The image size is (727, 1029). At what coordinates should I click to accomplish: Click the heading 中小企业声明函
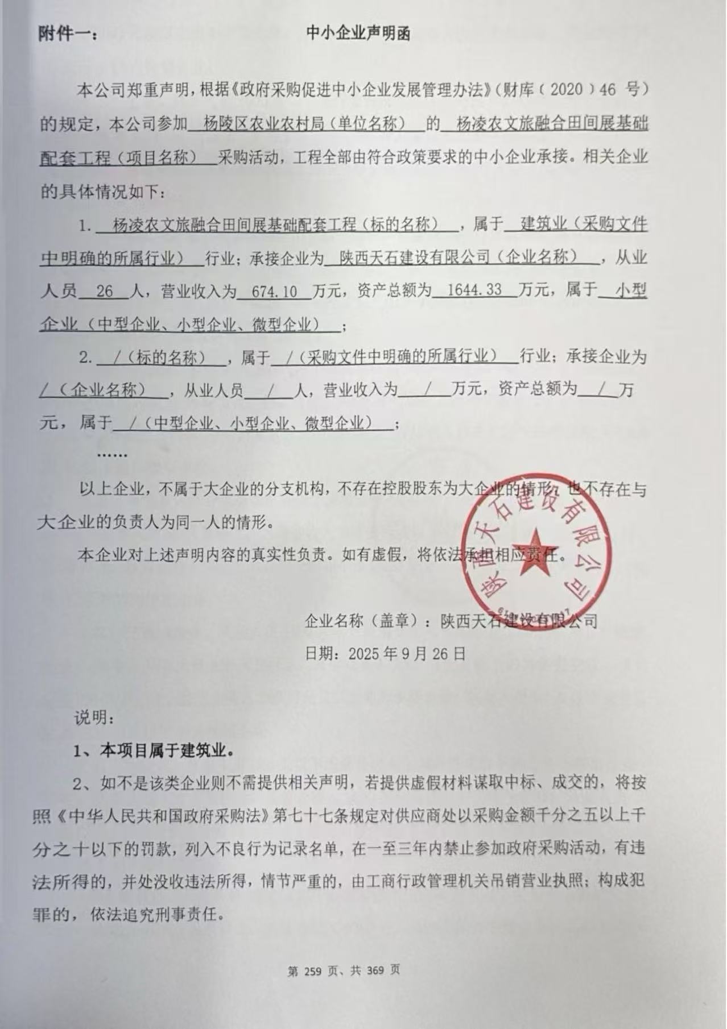[x=358, y=34]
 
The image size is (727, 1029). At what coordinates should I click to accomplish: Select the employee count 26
[x=105, y=292]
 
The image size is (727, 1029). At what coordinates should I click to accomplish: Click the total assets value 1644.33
[x=474, y=291]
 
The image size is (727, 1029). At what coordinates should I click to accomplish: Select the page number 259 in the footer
[x=313, y=970]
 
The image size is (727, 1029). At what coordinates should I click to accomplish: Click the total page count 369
[x=376, y=970]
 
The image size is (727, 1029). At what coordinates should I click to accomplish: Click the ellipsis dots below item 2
[x=112, y=455]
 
